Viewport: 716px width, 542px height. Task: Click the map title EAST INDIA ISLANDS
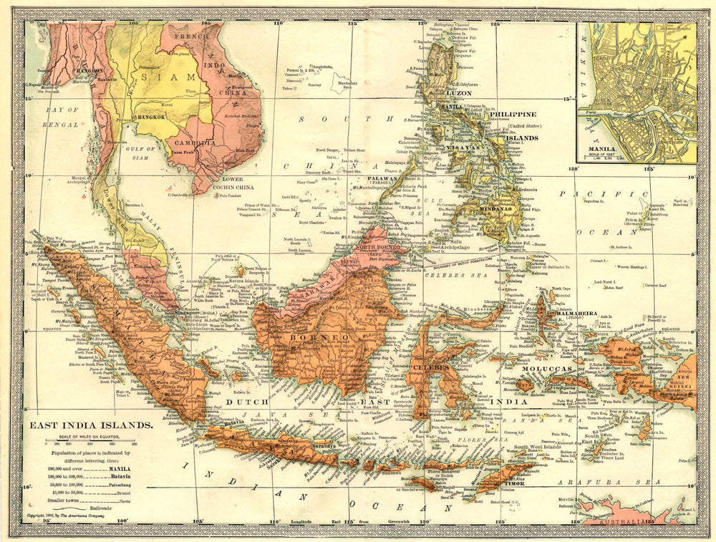[90, 425]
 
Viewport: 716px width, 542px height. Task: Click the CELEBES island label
[430, 367]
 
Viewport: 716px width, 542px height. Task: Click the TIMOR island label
[516, 483]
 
